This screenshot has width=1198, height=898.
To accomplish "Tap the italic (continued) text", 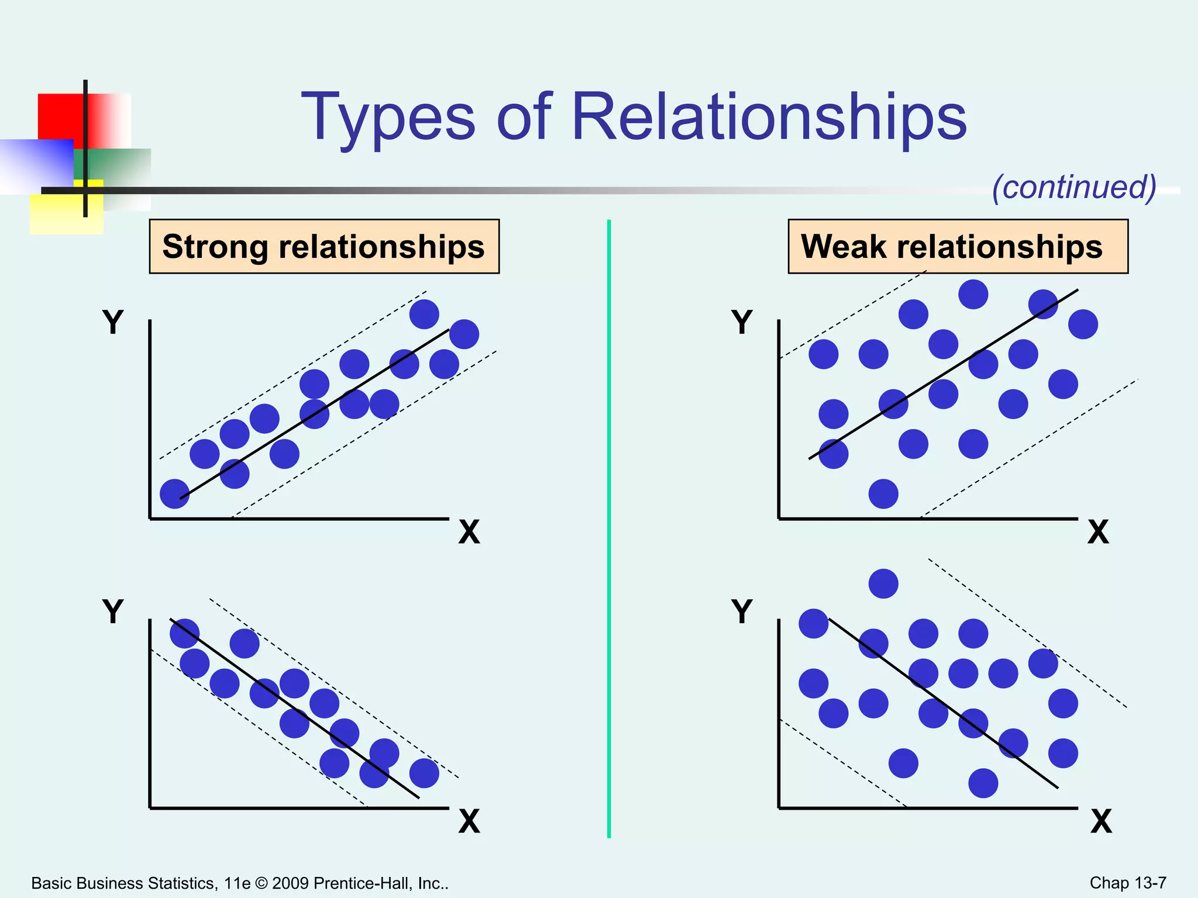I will [1074, 187].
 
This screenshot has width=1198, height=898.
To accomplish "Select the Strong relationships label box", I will [324, 246].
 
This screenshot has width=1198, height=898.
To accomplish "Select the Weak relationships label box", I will [958, 246].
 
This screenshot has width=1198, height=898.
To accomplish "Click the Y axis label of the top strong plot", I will [113, 322].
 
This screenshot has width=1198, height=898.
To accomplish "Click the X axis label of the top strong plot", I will [469, 532].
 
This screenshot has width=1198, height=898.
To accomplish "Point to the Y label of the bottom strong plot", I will [113, 612].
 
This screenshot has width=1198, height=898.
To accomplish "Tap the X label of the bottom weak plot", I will [1101, 821].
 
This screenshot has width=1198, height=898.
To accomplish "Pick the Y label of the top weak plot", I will [742, 322].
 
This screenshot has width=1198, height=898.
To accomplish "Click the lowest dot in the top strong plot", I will [174, 493].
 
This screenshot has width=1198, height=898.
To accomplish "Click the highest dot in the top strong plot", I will [424, 314].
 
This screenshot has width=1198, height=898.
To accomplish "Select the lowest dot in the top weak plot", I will [883, 494].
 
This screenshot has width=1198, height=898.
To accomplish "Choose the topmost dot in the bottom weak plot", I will [883, 583].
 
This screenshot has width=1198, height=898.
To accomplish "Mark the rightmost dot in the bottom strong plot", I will [424, 773].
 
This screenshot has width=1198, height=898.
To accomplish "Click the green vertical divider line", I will [609, 526].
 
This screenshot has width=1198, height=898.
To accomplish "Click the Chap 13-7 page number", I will [1128, 883].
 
